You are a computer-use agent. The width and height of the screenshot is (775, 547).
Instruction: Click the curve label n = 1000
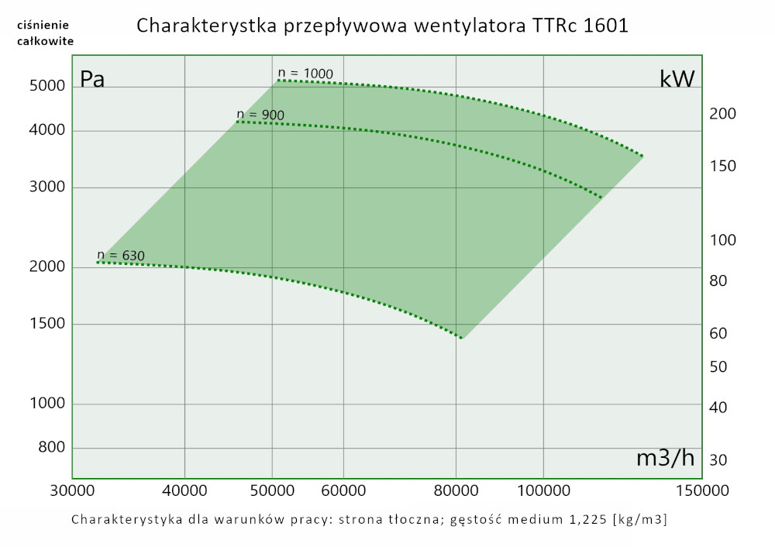click(305, 74)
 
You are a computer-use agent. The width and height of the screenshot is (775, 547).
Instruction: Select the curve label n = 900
click(260, 115)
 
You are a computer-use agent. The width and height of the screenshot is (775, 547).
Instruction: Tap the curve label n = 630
click(121, 255)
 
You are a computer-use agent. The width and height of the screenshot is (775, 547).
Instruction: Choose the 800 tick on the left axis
click(49, 449)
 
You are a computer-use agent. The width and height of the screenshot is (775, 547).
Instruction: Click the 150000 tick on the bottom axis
click(701, 490)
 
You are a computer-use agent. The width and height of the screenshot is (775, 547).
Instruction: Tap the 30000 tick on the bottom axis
click(72, 490)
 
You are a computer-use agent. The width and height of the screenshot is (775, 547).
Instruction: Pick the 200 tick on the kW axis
click(722, 115)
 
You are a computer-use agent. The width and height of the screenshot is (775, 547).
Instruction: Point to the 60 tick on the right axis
click(718, 334)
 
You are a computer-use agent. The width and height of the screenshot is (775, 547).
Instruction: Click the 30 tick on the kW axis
click(718, 460)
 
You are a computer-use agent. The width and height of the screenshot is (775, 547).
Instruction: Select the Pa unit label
click(92, 79)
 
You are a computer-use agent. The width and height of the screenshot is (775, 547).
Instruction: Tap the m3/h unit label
click(665, 458)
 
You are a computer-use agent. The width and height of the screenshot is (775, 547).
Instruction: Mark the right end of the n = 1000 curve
click(642, 157)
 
